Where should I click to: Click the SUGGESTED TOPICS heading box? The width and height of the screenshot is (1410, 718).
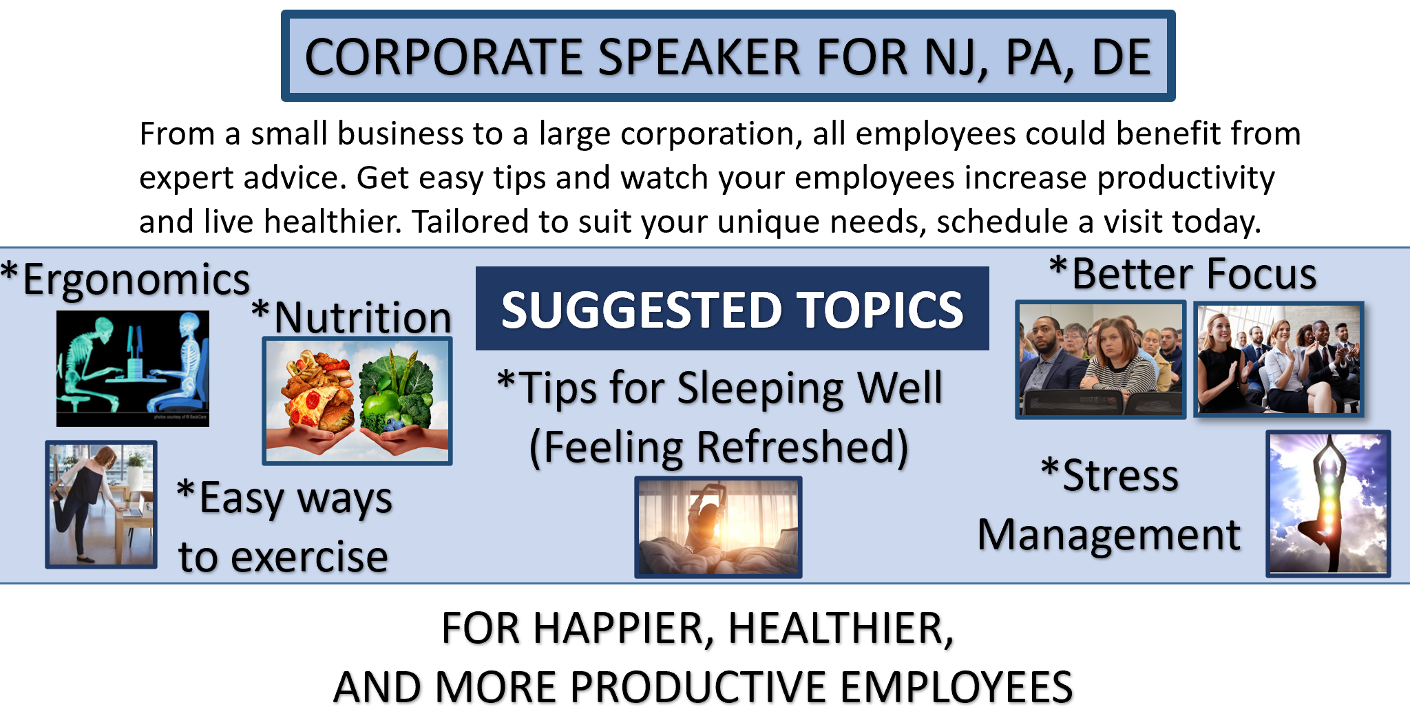733,308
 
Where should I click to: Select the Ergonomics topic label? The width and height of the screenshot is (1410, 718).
126,279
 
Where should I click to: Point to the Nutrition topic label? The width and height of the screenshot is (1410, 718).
352,317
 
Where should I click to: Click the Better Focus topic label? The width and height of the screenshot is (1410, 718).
1183,274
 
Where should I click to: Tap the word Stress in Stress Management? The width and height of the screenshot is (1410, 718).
1110,475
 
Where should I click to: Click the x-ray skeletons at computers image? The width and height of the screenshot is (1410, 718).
133,368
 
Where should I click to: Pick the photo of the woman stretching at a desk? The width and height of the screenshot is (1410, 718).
101,505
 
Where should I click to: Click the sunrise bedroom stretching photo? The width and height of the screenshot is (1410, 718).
718,527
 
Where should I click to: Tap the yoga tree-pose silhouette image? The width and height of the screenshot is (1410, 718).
1328,503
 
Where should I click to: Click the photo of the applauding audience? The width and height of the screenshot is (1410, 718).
1279,359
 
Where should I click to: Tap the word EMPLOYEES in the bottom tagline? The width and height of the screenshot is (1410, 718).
956,687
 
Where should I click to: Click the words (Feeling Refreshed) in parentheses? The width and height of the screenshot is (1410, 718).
719,447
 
